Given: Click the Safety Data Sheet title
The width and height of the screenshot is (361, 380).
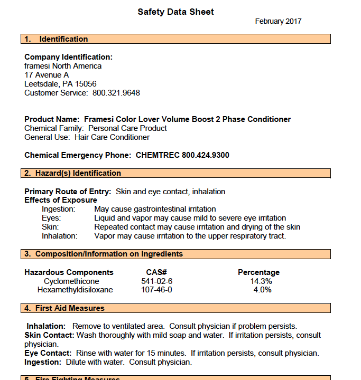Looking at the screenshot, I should [x=175, y=12].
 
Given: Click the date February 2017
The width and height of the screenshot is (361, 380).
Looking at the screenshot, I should [x=278, y=22].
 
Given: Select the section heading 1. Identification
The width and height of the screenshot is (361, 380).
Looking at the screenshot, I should [x=56, y=39].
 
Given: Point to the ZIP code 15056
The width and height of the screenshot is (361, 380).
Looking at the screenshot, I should [x=86, y=84].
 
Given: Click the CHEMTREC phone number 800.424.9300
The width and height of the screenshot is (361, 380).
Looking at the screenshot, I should [x=205, y=155].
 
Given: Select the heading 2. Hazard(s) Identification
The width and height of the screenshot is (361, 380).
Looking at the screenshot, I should [x=72, y=173].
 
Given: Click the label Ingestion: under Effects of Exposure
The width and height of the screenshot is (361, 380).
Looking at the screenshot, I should [x=58, y=209].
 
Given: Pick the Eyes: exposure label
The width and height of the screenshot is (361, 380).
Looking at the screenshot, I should [x=51, y=218].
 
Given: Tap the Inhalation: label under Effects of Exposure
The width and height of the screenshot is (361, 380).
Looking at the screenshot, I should [x=60, y=236].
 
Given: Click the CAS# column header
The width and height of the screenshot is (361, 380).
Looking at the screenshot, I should [x=156, y=272].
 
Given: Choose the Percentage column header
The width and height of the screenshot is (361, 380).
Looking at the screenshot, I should [x=258, y=272].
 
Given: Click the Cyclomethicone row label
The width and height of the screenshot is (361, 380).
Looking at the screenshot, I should [x=71, y=281].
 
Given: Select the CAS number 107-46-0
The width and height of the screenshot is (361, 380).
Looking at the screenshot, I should [x=156, y=290].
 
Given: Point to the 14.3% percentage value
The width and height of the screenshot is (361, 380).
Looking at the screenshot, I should [x=261, y=281].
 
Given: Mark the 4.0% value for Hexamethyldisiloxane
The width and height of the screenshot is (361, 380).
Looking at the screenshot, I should [x=262, y=290].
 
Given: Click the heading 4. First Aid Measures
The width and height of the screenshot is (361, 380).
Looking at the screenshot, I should [x=64, y=308].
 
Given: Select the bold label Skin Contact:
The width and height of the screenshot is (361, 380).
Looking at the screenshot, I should [x=50, y=335].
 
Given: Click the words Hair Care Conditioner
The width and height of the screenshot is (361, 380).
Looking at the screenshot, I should [x=112, y=137].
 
